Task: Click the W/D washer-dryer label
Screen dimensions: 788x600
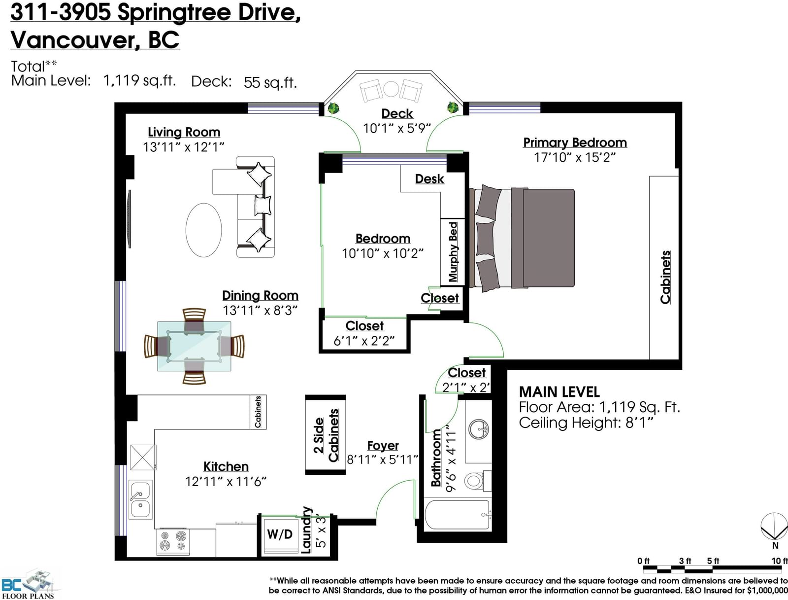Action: pos(280,534)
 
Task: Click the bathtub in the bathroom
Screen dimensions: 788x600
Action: pos(457,515)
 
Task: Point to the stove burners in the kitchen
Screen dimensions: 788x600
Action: pos(173,541)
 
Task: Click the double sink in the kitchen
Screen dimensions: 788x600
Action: pos(140,499)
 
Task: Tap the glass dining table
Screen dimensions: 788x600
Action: pos(194,346)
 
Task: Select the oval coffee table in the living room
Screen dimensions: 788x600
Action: pos(203,230)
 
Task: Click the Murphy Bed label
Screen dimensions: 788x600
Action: pos(453,252)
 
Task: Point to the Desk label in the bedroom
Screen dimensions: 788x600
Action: pos(429,179)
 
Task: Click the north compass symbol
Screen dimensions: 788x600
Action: pos(774,530)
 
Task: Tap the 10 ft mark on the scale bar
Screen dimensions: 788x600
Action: pos(780,561)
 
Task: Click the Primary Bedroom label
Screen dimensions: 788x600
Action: pos(575,142)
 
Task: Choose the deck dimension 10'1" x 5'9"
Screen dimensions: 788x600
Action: pos(396,128)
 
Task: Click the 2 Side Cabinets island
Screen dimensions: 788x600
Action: pos(325,435)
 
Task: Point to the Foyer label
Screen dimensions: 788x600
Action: pos(383,446)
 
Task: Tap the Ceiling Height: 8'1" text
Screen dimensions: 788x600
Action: pos(586,423)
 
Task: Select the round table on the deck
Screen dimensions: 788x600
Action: pos(391,89)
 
